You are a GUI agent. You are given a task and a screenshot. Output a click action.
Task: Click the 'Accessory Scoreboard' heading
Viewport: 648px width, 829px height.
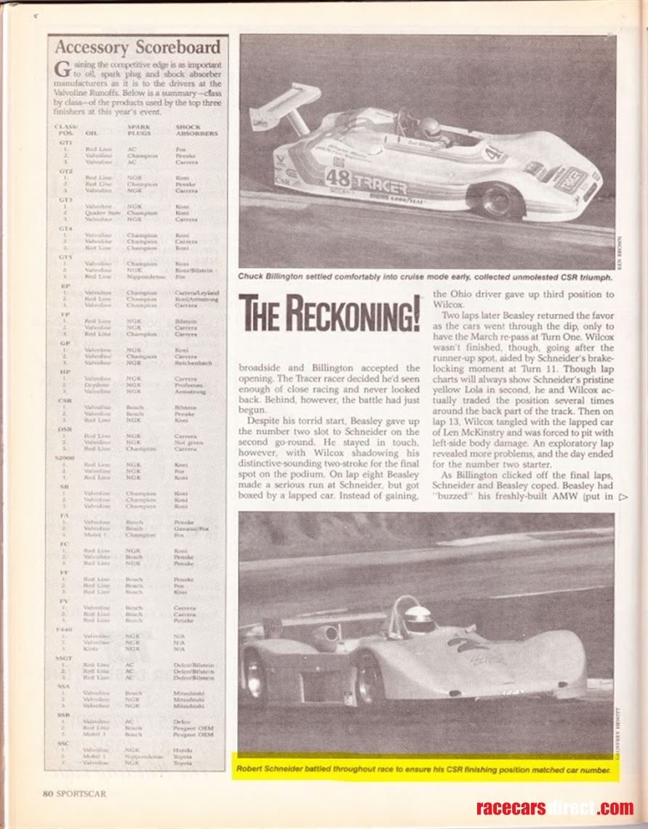coord(137,49)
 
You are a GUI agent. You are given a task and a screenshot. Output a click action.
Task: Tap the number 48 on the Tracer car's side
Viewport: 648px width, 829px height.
coord(338,178)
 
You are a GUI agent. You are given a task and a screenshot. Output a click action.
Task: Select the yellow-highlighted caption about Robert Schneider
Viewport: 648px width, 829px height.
coord(424,769)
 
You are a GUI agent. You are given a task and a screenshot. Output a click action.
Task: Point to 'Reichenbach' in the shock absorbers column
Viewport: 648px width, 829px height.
coord(193,362)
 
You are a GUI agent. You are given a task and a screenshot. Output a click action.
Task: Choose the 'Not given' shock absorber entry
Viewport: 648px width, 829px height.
coord(188,442)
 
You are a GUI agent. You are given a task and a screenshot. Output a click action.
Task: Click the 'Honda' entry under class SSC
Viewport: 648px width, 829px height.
coord(183,749)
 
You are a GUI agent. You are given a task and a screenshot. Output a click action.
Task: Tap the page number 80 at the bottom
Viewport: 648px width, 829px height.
coord(49,793)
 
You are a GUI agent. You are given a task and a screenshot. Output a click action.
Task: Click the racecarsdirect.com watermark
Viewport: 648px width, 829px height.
coord(554,807)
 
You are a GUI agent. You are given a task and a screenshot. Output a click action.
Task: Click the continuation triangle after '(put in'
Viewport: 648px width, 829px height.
coord(623,497)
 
